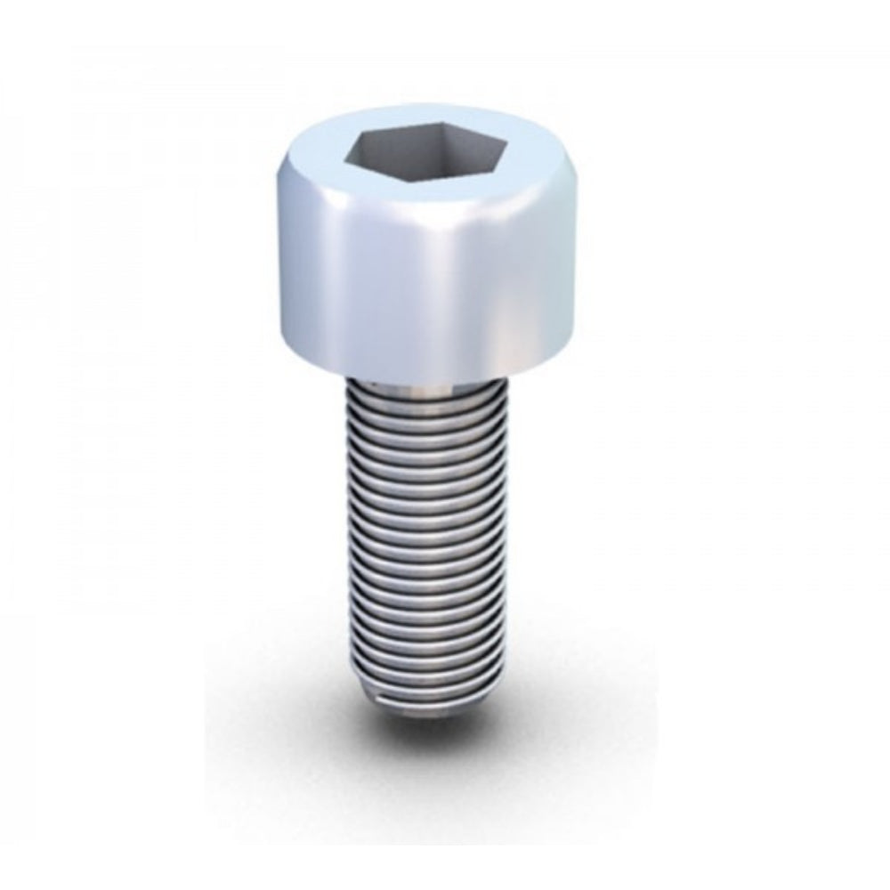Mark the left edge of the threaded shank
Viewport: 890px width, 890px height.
346,534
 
